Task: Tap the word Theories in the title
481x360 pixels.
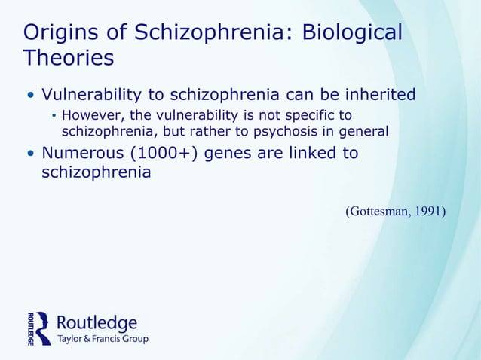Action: click(69, 57)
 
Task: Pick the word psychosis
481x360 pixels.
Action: click(297, 131)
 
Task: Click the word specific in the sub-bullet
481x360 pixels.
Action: click(305, 115)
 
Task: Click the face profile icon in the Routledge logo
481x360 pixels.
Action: click(43, 328)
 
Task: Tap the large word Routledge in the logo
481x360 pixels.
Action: click(97, 323)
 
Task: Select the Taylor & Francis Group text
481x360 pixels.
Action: click(103, 340)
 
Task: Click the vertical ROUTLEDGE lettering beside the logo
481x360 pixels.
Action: click(29, 328)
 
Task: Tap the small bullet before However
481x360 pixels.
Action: click(54, 116)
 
